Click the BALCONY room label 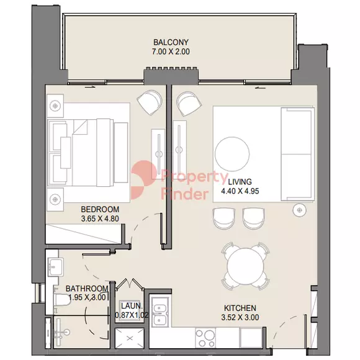tap(171, 42)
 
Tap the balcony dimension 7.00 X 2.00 tap(171, 52)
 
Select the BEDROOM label tap(100, 209)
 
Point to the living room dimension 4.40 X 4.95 tap(240, 191)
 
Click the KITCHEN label tap(240, 308)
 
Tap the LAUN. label tap(131, 306)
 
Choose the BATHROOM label tap(87, 289)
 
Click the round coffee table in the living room tap(232, 154)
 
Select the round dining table tap(245, 266)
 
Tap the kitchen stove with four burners tap(205, 337)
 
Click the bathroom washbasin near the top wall tap(55, 266)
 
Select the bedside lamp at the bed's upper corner tap(55, 106)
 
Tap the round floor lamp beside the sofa tap(300, 210)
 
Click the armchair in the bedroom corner tap(150, 102)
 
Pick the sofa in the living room tap(297, 155)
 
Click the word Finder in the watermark tap(184, 194)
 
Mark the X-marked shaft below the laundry tap(130, 338)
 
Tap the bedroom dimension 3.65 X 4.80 tap(100, 218)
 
